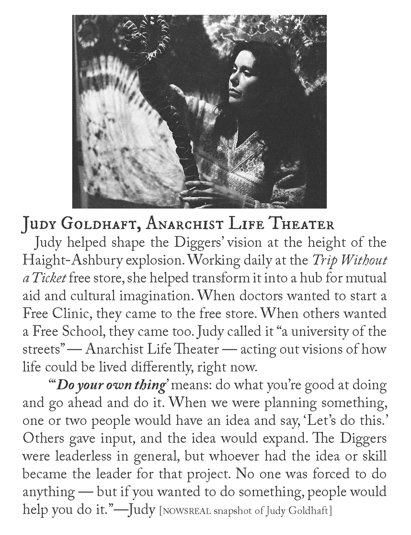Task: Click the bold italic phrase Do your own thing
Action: coord(111,385)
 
